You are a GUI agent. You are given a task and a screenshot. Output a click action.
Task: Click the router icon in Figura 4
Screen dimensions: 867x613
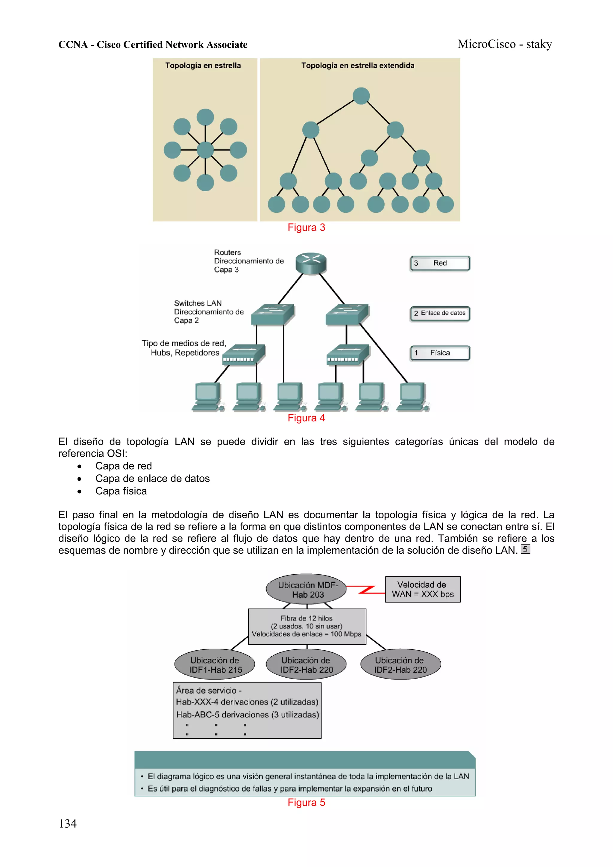click(x=311, y=263)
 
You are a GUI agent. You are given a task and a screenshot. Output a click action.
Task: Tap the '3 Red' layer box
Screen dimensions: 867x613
click(x=440, y=263)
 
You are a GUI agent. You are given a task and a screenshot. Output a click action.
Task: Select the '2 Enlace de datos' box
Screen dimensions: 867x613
click(x=440, y=313)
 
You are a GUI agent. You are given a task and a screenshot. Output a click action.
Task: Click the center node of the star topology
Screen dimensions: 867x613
click(x=205, y=150)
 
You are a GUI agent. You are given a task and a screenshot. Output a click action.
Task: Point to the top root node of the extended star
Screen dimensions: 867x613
click(x=361, y=96)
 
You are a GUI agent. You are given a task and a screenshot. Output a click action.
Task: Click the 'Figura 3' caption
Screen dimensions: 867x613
click(x=306, y=227)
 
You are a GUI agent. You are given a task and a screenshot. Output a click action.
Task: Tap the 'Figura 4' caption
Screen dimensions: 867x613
click(x=306, y=418)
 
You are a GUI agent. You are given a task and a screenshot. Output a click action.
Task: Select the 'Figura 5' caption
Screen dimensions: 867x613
click(x=306, y=802)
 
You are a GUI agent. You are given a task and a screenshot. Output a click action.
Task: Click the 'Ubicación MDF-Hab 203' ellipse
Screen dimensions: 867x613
click(x=306, y=590)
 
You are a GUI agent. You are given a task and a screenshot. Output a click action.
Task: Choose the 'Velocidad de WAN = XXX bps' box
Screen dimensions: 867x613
click(x=423, y=590)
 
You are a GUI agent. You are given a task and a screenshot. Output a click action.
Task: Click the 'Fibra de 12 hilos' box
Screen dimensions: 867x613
click(x=307, y=626)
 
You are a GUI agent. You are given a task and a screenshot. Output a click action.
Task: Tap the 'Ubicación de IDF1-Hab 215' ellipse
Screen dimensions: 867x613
click(x=215, y=665)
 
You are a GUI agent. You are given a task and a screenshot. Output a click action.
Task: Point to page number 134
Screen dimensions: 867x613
click(x=68, y=824)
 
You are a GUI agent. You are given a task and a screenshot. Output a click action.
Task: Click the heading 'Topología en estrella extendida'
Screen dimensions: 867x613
click(x=358, y=65)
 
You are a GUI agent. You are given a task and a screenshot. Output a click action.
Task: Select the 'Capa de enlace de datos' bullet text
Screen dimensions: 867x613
click(x=152, y=479)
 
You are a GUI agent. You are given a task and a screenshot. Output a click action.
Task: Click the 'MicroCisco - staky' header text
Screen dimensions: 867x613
click(x=505, y=44)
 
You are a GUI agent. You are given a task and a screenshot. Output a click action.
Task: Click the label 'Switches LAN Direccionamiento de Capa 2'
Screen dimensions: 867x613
click(x=209, y=312)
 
